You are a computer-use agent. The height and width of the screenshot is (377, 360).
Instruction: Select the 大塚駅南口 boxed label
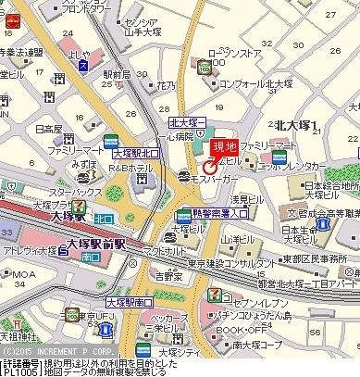click(129, 302)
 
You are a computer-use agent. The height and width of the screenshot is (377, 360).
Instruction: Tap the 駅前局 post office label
click(117, 74)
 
